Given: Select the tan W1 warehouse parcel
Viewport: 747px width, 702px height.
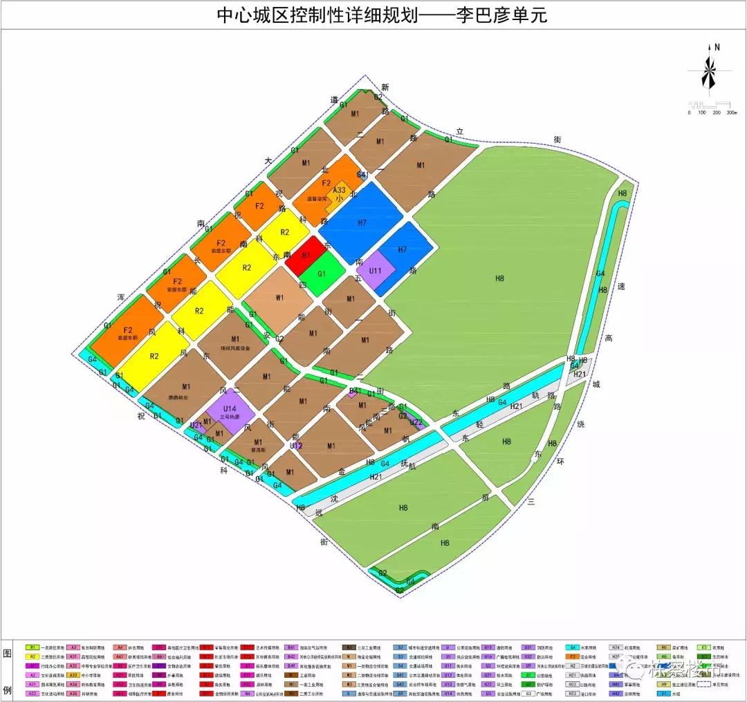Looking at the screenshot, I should click(x=280, y=298).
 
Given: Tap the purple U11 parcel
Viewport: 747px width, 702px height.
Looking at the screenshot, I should click(x=376, y=269).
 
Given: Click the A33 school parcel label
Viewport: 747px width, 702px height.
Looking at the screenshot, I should click(x=339, y=189).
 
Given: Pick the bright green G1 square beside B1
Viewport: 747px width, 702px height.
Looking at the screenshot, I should click(x=322, y=274).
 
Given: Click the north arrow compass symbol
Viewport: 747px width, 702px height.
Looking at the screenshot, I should click(x=710, y=69).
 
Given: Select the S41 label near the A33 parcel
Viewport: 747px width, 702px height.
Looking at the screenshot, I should click(x=362, y=175).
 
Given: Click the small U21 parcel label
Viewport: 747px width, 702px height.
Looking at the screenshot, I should click(x=196, y=425).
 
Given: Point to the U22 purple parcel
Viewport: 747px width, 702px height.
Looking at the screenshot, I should click(x=416, y=422).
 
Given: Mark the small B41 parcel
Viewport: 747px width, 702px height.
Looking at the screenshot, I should click(x=353, y=391).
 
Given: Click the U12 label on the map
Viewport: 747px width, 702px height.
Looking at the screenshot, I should click(x=296, y=446).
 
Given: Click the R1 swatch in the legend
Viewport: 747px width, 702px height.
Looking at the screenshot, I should click(x=33, y=647).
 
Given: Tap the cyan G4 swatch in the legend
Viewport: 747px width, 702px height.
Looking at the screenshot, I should click(x=573, y=647).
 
